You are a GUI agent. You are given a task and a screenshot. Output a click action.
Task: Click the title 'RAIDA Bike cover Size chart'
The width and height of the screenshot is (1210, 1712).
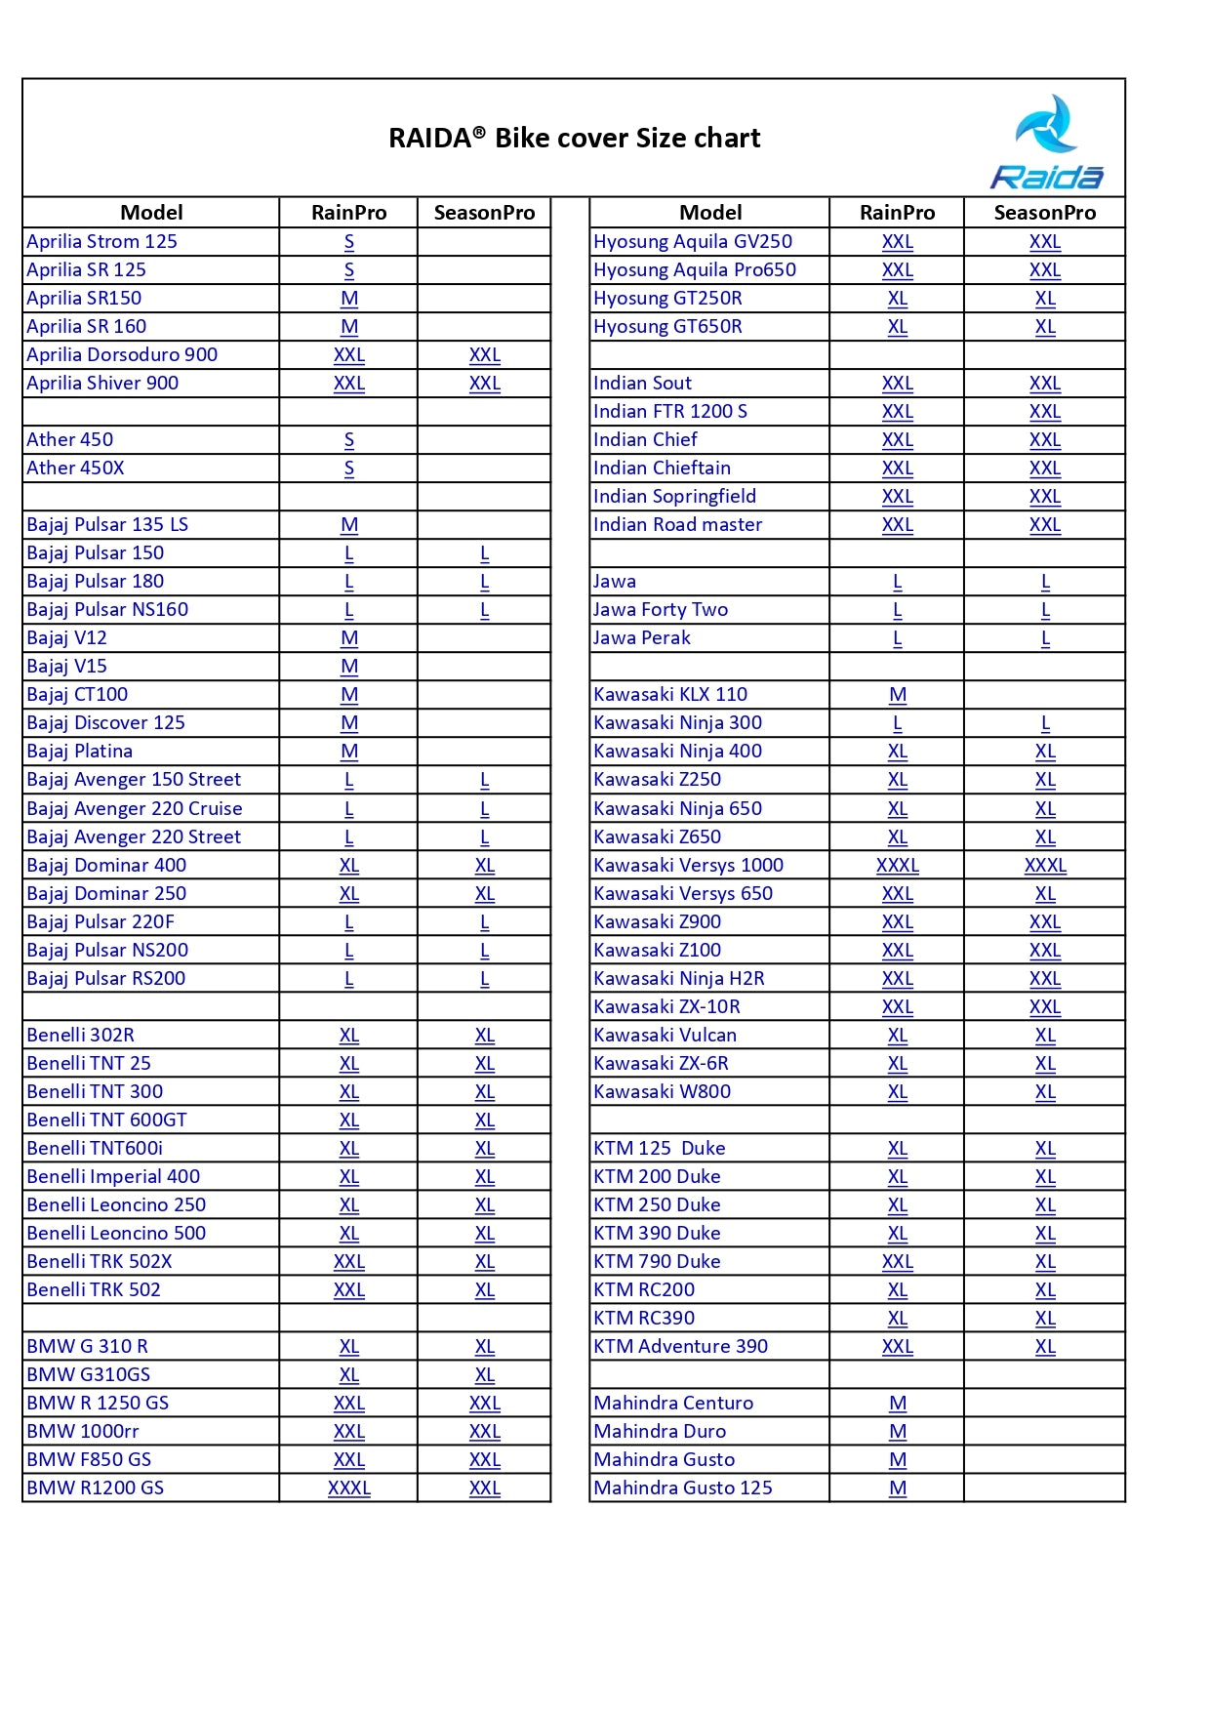coord(574,138)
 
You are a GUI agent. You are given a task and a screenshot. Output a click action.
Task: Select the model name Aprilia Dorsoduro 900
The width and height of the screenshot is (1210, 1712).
coord(122,354)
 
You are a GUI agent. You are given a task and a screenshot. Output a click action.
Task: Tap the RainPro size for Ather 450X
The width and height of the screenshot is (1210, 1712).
coord(349,469)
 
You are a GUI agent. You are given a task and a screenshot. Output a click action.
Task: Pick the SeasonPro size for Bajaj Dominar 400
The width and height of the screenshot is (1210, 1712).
coord(485,866)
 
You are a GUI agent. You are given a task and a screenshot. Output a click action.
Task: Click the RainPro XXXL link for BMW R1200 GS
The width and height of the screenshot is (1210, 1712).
coord(349,1488)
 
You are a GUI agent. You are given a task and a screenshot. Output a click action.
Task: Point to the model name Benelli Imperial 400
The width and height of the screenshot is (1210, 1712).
coord(113,1177)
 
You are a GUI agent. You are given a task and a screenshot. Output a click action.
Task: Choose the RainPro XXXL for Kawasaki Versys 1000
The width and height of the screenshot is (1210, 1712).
coord(898,866)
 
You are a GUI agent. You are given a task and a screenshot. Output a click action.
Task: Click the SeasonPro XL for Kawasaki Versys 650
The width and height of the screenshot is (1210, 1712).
coord(1045,894)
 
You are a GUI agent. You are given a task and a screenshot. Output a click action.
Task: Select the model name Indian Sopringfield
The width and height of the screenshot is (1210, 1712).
coord(674,497)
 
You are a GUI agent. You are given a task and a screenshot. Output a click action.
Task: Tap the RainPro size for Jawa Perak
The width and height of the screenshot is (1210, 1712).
coord(898,638)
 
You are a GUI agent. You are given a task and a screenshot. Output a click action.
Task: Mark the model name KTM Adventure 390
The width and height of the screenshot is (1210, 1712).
coord(680,1347)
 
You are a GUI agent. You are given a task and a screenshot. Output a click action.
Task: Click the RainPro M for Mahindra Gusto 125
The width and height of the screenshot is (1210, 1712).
coord(898,1488)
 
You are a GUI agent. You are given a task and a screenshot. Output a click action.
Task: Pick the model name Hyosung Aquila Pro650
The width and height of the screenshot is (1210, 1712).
coord(694,270)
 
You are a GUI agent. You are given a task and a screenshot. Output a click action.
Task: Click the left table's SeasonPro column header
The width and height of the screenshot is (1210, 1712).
coord(484,213)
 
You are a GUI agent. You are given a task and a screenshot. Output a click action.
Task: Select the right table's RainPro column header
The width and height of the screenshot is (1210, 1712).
coord(897,213)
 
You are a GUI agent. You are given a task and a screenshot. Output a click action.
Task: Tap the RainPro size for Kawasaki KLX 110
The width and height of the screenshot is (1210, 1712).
coord(898,695)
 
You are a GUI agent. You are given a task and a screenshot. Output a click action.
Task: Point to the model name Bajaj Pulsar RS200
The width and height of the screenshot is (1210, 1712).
coord(105,979)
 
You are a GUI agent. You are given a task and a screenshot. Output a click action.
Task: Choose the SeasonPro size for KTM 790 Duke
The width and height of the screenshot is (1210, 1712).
coord(1045,1262)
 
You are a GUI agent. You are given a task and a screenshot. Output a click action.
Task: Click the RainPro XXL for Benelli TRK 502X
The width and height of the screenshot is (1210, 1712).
coord(349,1262)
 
